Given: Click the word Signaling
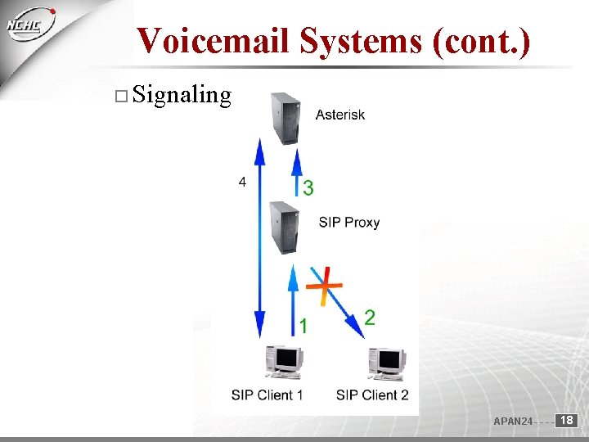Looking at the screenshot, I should (x=182, y=96).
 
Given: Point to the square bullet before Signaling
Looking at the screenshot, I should (x=120, y=97).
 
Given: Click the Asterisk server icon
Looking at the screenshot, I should (x=286, y=118).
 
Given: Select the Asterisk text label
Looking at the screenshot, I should (x=340, y=115).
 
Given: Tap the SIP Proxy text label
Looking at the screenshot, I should (x=349, y=222).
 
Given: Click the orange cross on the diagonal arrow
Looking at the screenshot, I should (x=324, y=283).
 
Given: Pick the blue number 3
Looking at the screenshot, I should (x=308, y=188).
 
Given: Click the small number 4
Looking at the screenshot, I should (x=242, y=183).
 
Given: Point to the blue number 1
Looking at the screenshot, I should (x=303, y=327).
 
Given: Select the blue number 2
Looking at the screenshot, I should (x=370, y=318).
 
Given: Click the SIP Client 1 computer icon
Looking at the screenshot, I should (x=285, y=361).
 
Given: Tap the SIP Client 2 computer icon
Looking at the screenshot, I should (x=387, y=363).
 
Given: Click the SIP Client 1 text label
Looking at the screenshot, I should (x=268, y=395).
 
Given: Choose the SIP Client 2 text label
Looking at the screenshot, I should (x=372, y=395).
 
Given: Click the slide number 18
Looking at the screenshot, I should (x=566, y=420).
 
